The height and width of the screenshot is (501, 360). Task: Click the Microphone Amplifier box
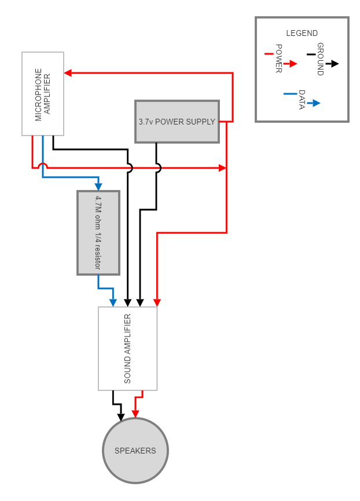pos(43,94)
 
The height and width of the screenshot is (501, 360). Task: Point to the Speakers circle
pos(135,450)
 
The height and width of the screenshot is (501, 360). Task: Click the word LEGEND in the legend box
pos(302,33)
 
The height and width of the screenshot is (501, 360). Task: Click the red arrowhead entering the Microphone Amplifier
pos(68,73)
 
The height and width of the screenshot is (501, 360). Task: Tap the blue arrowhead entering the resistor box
pos(98,186)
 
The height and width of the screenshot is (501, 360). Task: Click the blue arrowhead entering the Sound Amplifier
pos(113,302)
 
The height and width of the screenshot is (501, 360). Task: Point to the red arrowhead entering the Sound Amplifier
pos(157,302)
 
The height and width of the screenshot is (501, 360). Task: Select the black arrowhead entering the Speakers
pos(120,416)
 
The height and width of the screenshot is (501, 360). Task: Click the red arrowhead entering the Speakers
pos(135,414)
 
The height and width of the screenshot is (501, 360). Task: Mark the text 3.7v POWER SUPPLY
pos(177,122)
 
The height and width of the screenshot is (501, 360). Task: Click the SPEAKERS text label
pos(135,451)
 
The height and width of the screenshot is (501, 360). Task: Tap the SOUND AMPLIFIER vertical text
pos(128,349)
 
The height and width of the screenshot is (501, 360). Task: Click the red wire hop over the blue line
pos(43,166)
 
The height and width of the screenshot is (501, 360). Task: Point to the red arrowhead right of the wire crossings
pos(222,168)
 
